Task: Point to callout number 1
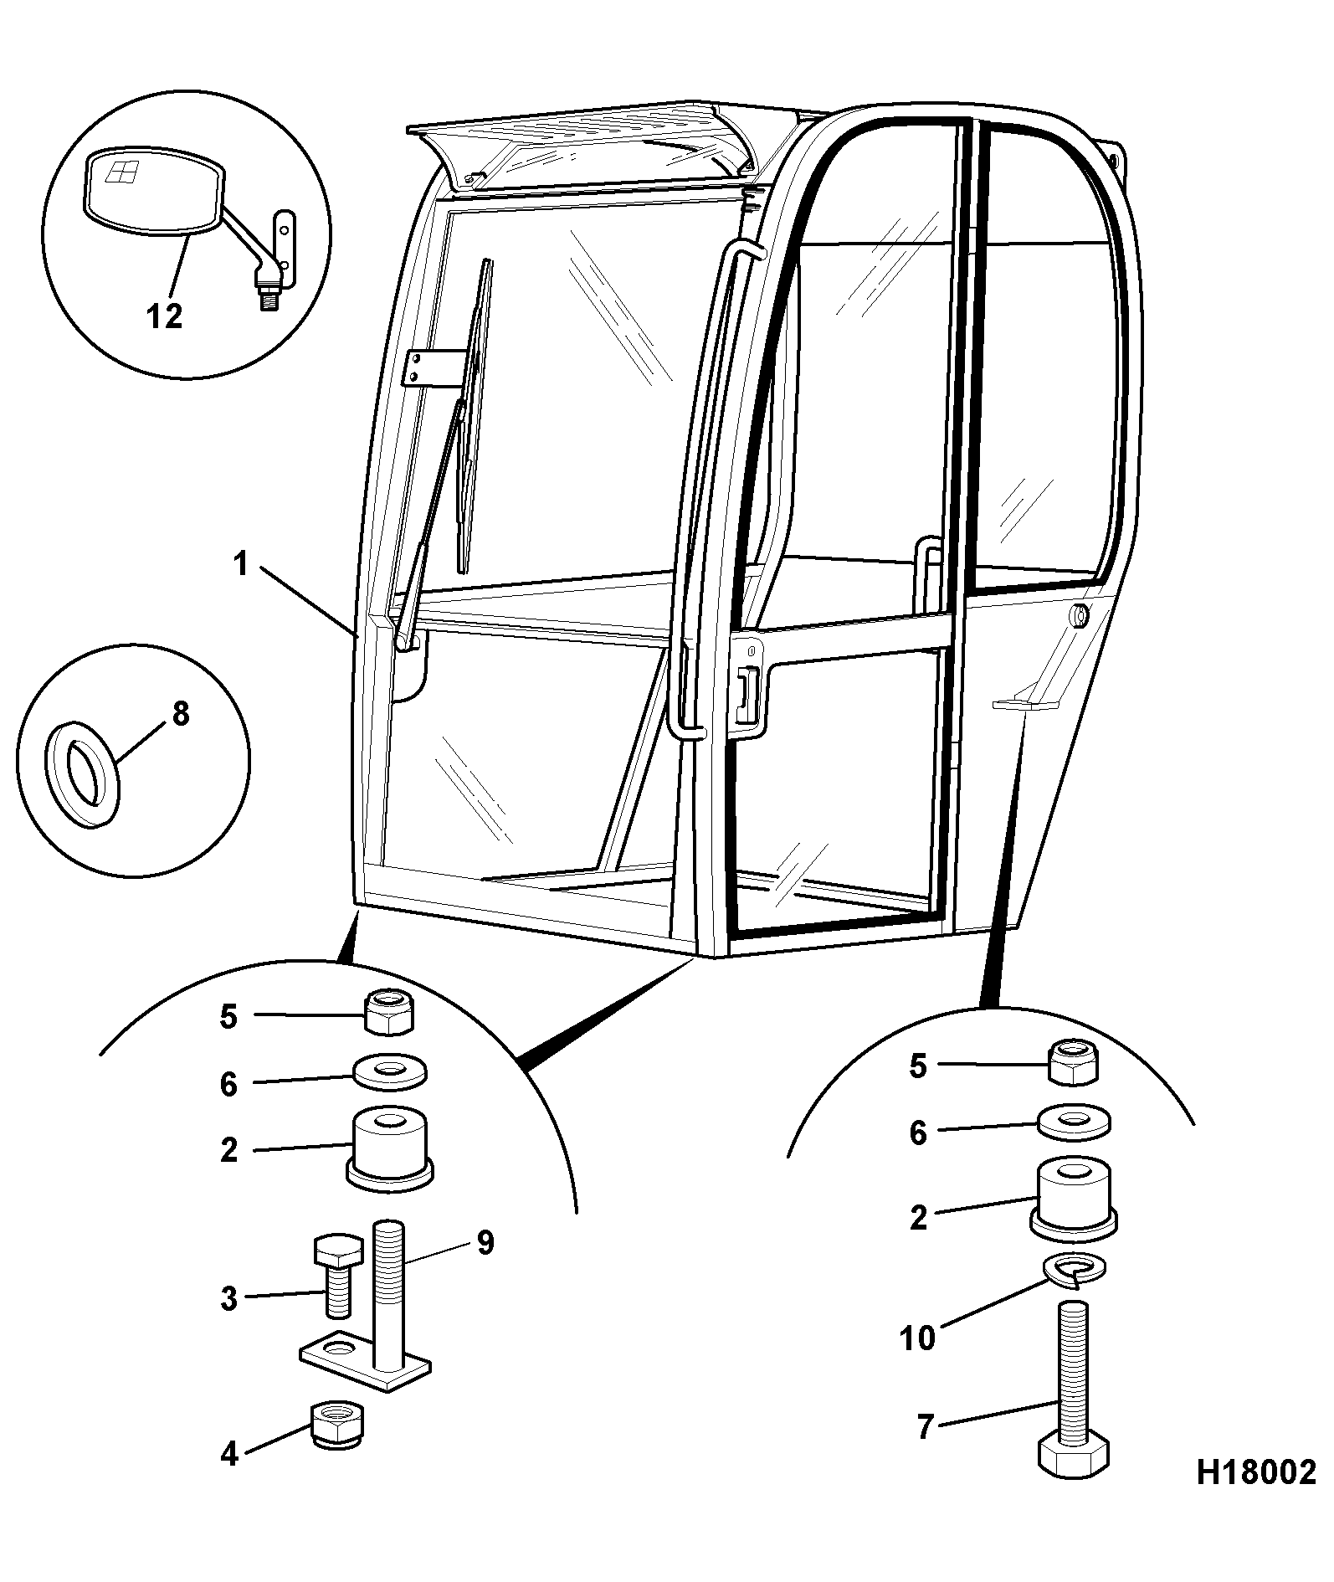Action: point(241,564)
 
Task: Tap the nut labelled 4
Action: point(337,1425)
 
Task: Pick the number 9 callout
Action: point(485,1243)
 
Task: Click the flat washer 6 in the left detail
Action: point(390,1072)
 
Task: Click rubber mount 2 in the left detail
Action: point(390,1148)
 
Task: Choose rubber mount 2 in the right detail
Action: point(1075,1199)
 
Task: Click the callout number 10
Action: point(917,1338)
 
